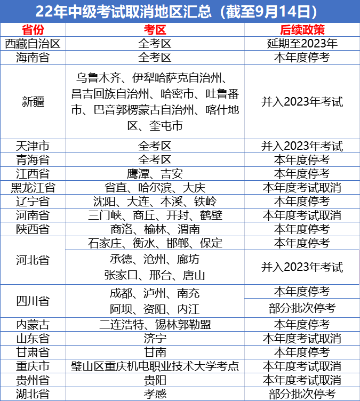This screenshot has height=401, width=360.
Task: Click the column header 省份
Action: point(33,30)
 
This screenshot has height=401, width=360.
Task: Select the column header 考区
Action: point(155,30)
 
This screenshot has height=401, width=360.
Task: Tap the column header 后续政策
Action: point(302,30)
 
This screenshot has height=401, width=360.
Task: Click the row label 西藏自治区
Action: point(33,44)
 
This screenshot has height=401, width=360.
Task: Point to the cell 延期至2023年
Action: point(302,44)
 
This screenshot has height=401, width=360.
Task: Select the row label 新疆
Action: point(33,101)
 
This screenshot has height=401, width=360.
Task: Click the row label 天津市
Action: point(33,146)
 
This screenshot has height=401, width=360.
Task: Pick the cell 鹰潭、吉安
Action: point(155,174)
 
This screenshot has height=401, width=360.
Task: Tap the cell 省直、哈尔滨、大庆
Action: point(155,188)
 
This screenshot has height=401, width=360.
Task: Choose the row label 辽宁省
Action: point(33,202)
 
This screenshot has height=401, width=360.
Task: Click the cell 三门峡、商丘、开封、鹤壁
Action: point(155,215)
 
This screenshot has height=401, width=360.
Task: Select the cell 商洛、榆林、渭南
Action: point(155,229)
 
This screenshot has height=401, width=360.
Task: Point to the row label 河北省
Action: point(33,260)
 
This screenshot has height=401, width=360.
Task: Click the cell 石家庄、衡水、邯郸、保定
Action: point(155,243)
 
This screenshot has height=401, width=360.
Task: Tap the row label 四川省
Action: point(33,301)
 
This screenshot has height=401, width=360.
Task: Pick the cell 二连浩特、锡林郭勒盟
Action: point(155,325)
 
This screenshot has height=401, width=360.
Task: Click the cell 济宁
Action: point(155,339)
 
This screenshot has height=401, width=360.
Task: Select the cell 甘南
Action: point(155,352)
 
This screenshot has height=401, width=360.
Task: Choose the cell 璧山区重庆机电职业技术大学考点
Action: point(155,366)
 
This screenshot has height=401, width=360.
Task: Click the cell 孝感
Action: point(155,394)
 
